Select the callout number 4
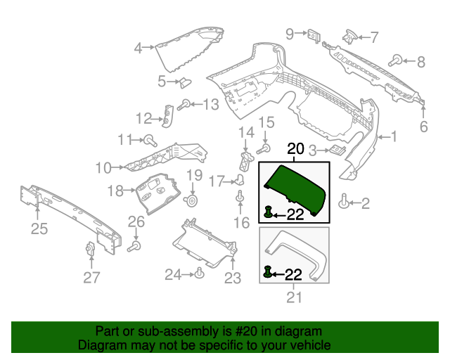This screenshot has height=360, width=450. click(139, 48)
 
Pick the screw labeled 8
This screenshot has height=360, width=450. click(397, 60)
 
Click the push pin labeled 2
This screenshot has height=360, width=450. click(344, 202)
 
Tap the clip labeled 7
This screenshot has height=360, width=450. click(349, 35)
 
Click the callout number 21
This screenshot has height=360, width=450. click(294, 297)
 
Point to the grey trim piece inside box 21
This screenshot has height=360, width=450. click(295, 250)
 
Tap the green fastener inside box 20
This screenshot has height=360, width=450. click(269, 212)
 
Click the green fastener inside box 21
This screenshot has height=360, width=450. click(268, 271)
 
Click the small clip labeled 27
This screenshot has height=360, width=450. click(90, 250)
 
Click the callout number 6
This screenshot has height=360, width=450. click(424, 127)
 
